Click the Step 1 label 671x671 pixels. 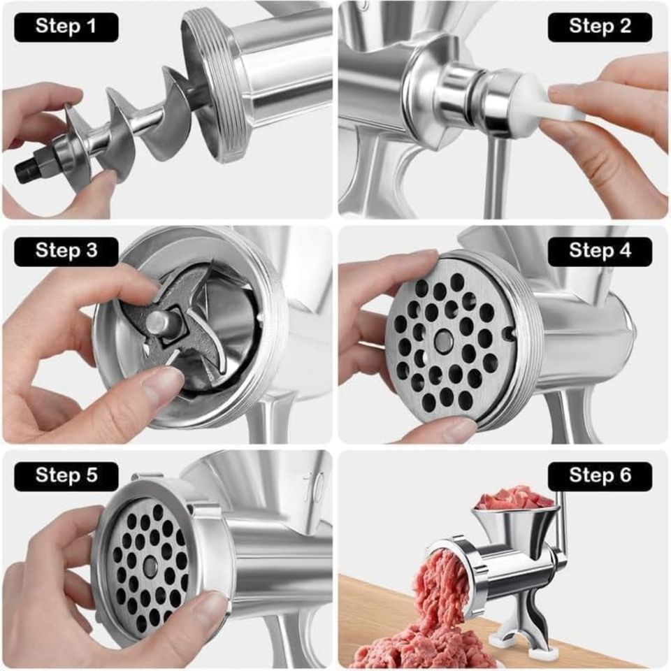pos(66,27)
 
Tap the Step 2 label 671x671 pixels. pos(600,27)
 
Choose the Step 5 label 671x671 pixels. pos(66,476)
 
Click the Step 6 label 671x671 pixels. pos(600,476)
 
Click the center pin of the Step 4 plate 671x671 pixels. pos(443,340)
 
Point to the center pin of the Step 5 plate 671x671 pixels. pos(150,566)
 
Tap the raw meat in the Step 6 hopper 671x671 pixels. pos(514,498)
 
